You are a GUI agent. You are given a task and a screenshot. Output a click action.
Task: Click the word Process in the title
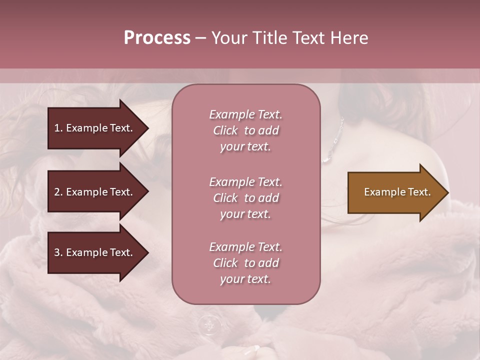pyautogui.click(x=157, y=38)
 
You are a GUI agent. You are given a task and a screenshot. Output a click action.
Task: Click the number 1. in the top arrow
pyautogui.click(x=58, y=128)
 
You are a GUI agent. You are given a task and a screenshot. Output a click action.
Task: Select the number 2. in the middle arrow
pyautogui.click(x=58, y=192)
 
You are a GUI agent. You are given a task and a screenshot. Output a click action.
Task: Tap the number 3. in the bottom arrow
pyautogui.click(x=58, y=252)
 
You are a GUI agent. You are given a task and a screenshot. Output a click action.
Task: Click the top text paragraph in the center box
pyautogui.click(x=245, y=130)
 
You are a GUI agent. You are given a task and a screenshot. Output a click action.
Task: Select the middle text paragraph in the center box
pyautogui.click(x=245, y=198)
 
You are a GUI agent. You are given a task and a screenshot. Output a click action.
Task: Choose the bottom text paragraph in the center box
pyautogui.click(x=245, y=263)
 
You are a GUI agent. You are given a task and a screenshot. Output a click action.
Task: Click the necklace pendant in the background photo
pyautogui.click(x=326, y=159)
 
